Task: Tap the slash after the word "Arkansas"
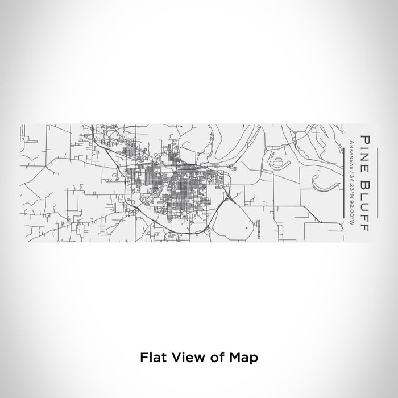coord(352,169)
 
